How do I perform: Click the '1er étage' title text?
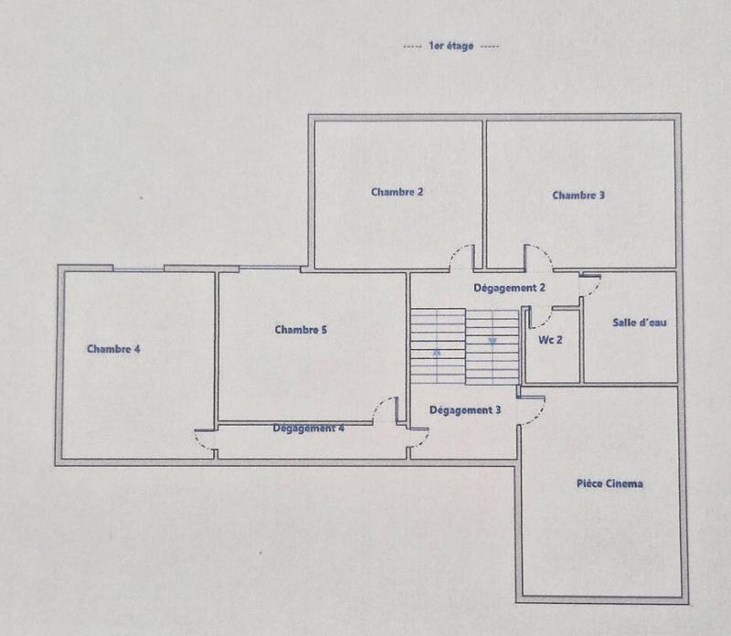[x=450, y=46]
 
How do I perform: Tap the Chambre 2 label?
[x=397, y=192]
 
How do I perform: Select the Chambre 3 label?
[x=578, y=195]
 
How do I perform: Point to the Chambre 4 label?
[x=113, y=348]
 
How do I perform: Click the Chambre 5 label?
[x=301, y=330]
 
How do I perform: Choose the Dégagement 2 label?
[x=509, y=288]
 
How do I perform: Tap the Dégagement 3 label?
[x=464, y=410]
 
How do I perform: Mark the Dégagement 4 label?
[x=309, y=428]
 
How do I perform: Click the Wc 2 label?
[x=550, y=340]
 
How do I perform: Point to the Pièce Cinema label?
[x=609, y=483]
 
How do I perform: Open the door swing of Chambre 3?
[x=537, y=257]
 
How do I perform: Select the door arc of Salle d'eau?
[x=590, y=286]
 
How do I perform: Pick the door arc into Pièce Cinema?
[x=533, y=409]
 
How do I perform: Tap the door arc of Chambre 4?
[x=205, y=442]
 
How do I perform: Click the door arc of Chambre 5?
[x=386, y=408]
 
